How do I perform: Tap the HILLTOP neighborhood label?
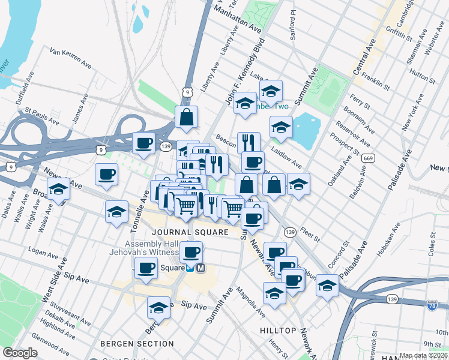[x=278, y=331]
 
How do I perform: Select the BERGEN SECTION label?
[x=137, y=344]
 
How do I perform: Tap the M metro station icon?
[x=200, y=268]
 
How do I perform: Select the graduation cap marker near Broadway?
[x=58, y=189]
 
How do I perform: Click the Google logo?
[x=20, y=353]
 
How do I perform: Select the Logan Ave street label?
[x=41, y=253]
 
